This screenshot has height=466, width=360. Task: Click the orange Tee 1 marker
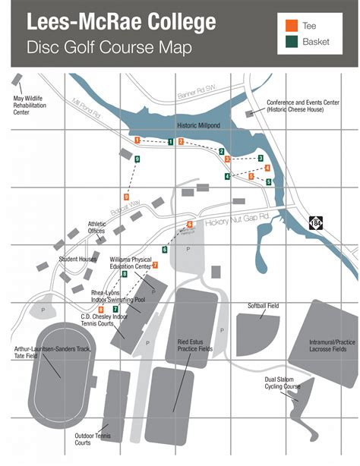click(137, 140)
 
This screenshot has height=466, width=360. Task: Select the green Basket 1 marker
click(171, 141)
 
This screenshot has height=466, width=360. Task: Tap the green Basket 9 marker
click(137, 159)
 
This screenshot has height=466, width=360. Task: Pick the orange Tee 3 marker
click(226, 159)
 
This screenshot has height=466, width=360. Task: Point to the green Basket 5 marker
click(268, 182)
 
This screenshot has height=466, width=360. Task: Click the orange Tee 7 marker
click(155, 265)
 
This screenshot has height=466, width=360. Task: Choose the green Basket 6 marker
click(165, 249)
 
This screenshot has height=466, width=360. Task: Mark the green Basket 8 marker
click(135, 274)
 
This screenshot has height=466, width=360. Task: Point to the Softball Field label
click(263, 305)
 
